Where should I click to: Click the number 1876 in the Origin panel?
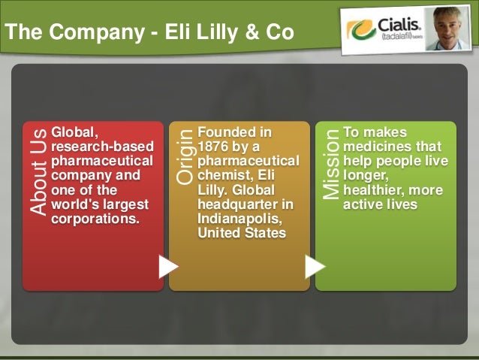(x=213, y=146)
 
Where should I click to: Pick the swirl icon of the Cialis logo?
(x=361, y=30)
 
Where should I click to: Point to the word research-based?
(x=101, y=146)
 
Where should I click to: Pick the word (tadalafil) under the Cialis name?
(x=397, y=38)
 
